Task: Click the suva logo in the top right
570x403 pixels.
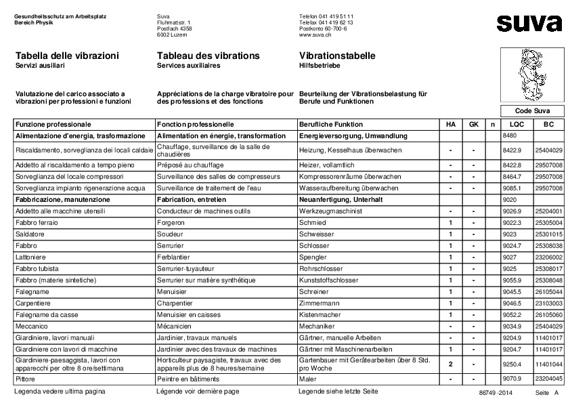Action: tap(529, 23)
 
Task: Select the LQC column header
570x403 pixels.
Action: tap(517, 125)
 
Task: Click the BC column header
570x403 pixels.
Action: tap(548, 125)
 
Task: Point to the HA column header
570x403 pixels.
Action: tap(450, 125)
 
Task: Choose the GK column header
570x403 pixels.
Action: tap(474, 125)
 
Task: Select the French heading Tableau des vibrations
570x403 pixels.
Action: tap(208, 56)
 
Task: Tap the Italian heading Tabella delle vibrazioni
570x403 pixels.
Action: tap(67, 56)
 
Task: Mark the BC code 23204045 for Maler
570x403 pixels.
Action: tap(548, 379)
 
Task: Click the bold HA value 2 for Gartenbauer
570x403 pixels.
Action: tap(450, 364)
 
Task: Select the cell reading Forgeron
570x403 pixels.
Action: tap(173, 223)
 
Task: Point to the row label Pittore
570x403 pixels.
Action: tap(27, 379)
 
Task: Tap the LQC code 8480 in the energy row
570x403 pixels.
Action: tap(510, 136)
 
